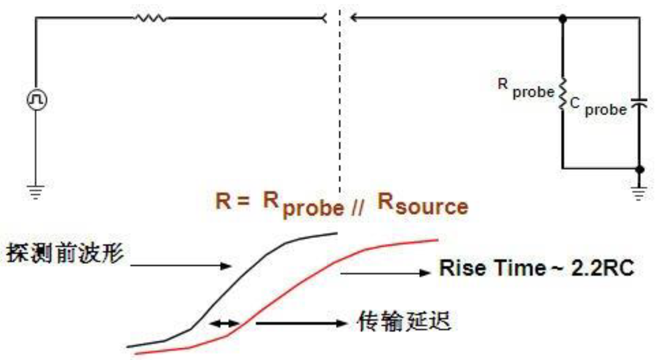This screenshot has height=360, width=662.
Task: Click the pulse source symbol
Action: pyautogui.click(x=37, y=100)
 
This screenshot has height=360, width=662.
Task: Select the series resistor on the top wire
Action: pyautogui.click(x=150, y=18)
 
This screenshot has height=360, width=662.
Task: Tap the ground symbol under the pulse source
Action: pyautogui.click(x=36, y=191)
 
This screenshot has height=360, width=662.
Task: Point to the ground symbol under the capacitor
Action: pyautogui.click(x=639, y=192)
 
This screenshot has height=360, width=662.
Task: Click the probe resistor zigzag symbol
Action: pyautogui.click(x=562, y=94)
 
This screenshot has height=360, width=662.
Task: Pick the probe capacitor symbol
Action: pyautogui.click(x=639, y=103)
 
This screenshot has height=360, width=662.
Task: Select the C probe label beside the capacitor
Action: pyautogui.click(x=598, y=107)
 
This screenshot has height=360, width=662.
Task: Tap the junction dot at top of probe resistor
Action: pyautogui.click(x=562, y=18)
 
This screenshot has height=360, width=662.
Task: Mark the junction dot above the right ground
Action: pyautogui.click(x=640, y=169)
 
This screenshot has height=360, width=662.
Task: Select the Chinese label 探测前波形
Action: pyautogui.click(x=65, y=253)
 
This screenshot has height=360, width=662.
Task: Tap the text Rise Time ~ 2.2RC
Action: pyautogui.click(x=536, y=268)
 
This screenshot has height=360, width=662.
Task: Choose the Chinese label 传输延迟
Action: pyautogui.click(x=404, y=321)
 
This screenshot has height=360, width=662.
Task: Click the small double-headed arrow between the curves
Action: pyautogui.click(x=224, y=324)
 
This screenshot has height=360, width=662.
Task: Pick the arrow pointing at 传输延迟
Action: pyautogui.click(x=301, y=324)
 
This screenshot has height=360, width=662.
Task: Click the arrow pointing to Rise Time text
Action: pyautogui.click(x=385, y=273)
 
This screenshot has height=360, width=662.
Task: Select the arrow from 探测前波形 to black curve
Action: pyautogui.click(x=181, y=266)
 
